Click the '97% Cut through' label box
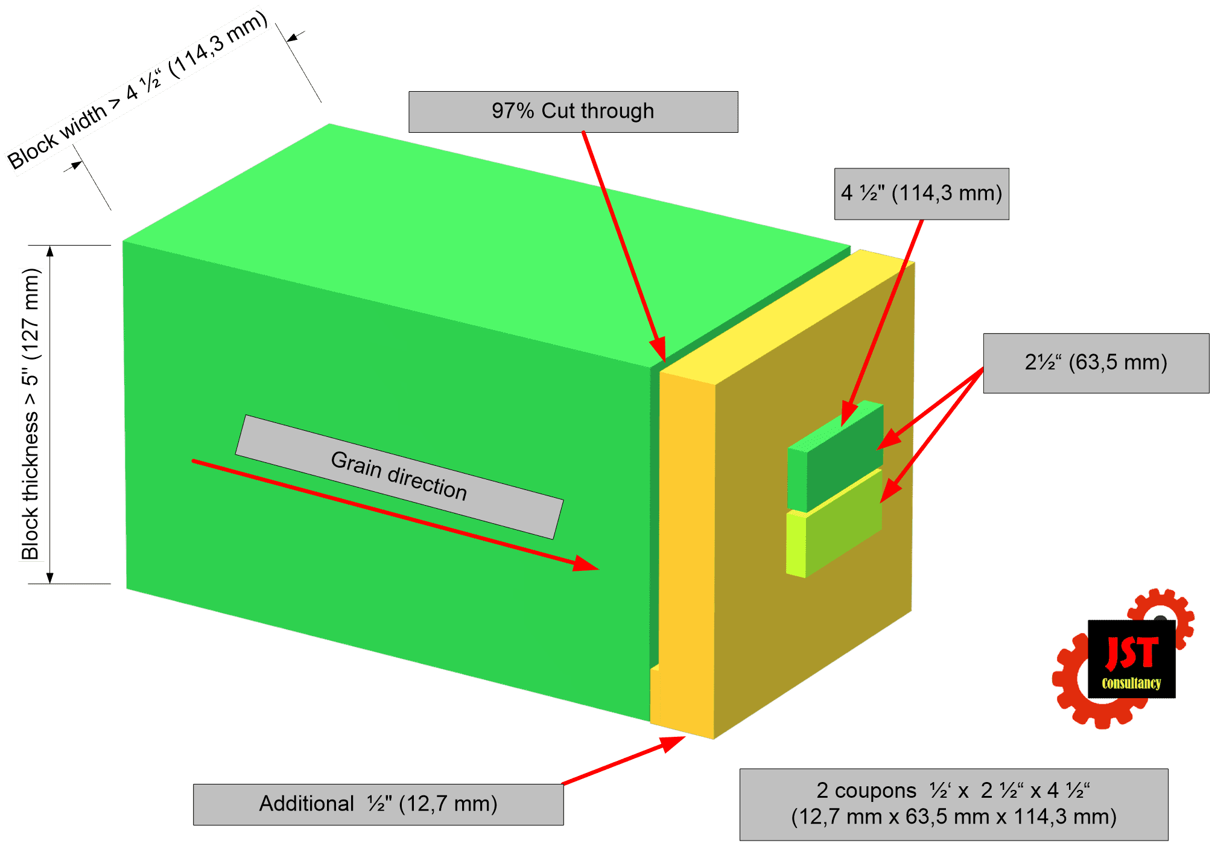(573, 112)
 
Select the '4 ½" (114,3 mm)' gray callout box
(921, 194)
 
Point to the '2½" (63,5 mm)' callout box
(1096, 363)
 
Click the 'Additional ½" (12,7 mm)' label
(378, 804)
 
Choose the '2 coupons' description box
(954, 804)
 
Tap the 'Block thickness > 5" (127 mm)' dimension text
(30, 414)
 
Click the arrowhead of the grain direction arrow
(585, 564)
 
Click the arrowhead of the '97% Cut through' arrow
(659, 349)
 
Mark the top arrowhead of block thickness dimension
(50, 251)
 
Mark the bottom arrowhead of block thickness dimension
(50, 577)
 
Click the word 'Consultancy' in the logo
(1131, 683)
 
